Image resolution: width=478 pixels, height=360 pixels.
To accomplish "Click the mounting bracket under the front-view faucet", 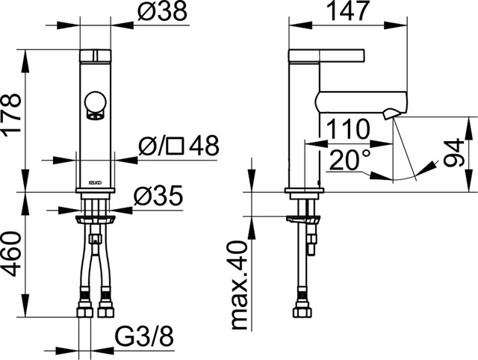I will pos(95,221).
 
